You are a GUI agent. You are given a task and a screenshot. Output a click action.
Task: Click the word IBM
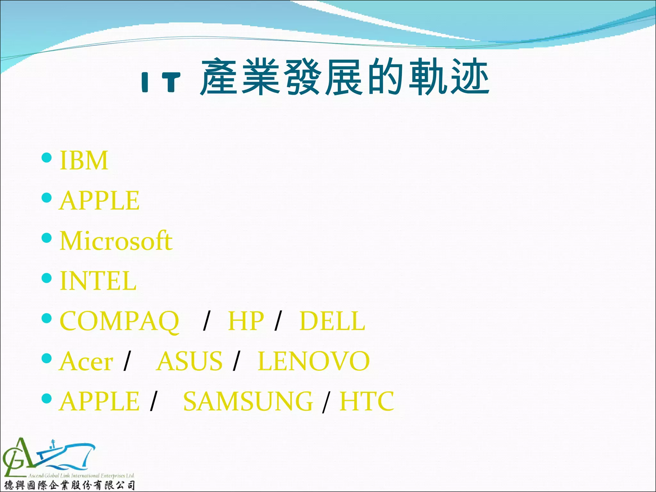point(84,160)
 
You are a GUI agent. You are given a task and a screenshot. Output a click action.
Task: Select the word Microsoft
point(116,241)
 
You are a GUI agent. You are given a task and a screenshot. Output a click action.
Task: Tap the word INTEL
point(98,281)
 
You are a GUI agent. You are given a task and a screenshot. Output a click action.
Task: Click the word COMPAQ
point(119,321)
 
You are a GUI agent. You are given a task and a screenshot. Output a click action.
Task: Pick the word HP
point(246,321)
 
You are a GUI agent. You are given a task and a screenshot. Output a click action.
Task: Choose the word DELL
point(332,321)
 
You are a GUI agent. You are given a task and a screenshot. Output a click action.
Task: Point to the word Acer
point(86,362)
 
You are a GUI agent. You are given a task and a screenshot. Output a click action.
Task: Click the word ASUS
point(189,361)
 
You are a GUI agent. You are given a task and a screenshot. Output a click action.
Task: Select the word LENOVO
point(314,361)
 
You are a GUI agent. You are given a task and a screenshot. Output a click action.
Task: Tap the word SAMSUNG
point(248,402)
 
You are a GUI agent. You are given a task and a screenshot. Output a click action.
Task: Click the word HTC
point(366,401)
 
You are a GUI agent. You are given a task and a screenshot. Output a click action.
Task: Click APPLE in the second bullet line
point(99,201)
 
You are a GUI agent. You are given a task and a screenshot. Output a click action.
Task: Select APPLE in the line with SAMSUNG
point(99,402)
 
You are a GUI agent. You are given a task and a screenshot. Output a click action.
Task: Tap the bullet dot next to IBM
point(47,158)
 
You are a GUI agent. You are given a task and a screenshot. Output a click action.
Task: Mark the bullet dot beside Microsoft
point(47,238)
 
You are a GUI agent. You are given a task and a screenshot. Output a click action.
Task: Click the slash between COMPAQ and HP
point(207,321)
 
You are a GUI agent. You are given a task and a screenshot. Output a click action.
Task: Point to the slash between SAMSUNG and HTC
point(326,403)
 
